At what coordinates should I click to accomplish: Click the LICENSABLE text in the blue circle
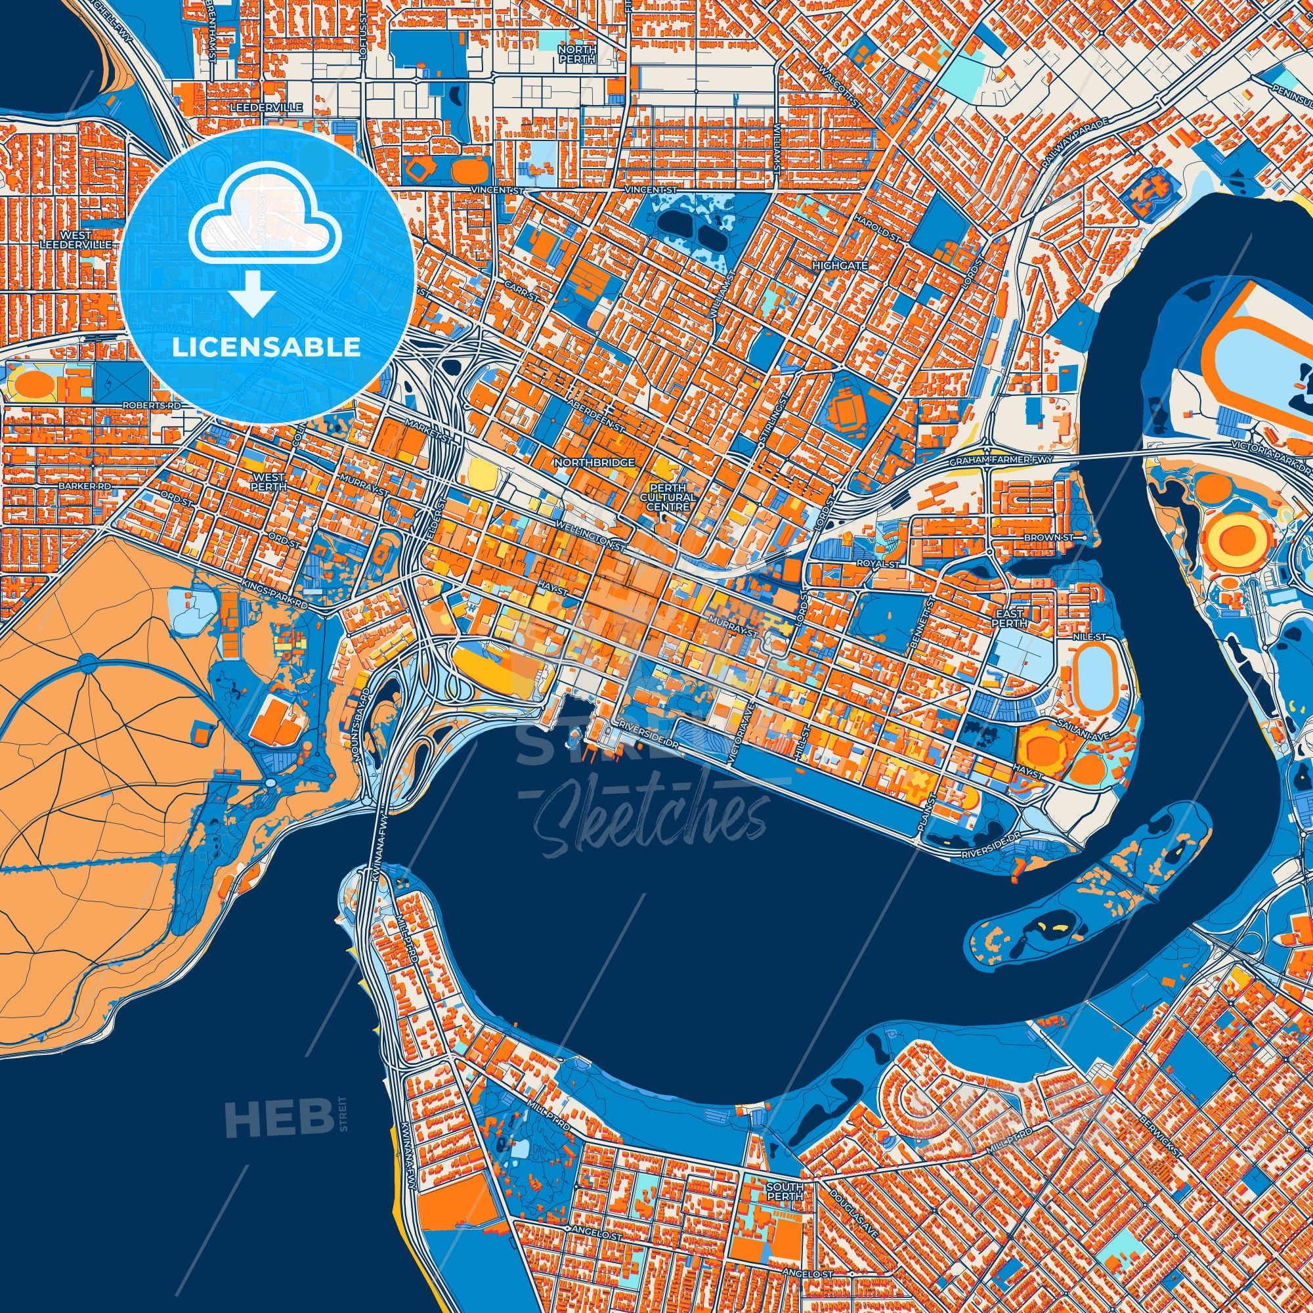pyautogui.click(x=266, y=347)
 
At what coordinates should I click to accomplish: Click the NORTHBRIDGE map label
pyautogui.click(x=595, y=462)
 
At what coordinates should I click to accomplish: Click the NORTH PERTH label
pyautogui.click(x=576, y=54)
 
